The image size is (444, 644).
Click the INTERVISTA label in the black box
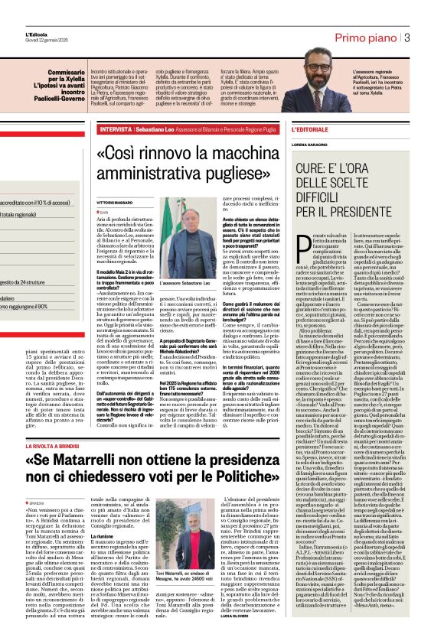pyautogui.click(x=116, y=129)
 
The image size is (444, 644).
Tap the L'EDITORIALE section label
pyautogui.click(x=310, y=129)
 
